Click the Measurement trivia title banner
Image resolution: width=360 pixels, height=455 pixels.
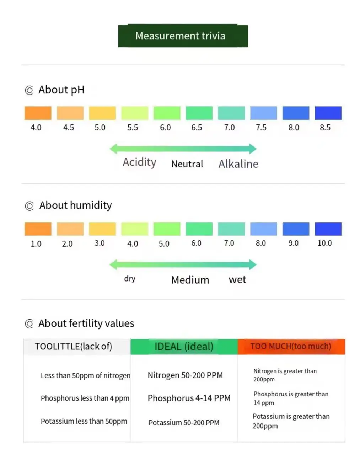[183, 36]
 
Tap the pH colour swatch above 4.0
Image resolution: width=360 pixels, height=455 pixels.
[38, 113]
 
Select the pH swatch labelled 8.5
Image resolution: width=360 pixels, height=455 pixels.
[328, 113]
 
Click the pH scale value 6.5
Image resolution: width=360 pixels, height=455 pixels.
[197, 128]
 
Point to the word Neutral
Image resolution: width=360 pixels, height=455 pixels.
[187, 164]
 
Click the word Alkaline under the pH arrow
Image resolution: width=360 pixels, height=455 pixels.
[238, 164]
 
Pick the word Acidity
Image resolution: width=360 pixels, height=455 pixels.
[139, 162]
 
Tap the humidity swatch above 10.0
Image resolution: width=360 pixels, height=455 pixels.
[328, 229]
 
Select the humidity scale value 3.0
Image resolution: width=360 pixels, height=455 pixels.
[100, 243]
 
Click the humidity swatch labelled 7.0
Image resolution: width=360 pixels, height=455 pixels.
[231, 229]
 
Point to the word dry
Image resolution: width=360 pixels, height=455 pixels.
[130, 278]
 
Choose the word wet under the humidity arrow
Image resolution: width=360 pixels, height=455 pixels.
[237, 280]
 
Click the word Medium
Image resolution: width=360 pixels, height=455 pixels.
[190, 280]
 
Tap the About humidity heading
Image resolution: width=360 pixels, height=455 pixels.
[75, 205]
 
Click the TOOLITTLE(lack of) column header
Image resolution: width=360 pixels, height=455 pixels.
[74, 346]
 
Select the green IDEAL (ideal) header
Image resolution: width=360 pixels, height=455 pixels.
[184, 347]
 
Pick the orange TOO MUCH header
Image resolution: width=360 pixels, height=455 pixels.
[291, 347]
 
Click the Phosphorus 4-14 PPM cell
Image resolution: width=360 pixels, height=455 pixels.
[189, 398]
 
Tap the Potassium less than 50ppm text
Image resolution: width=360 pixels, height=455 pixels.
[84, 421]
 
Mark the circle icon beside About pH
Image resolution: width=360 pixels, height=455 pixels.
[29, 90]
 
